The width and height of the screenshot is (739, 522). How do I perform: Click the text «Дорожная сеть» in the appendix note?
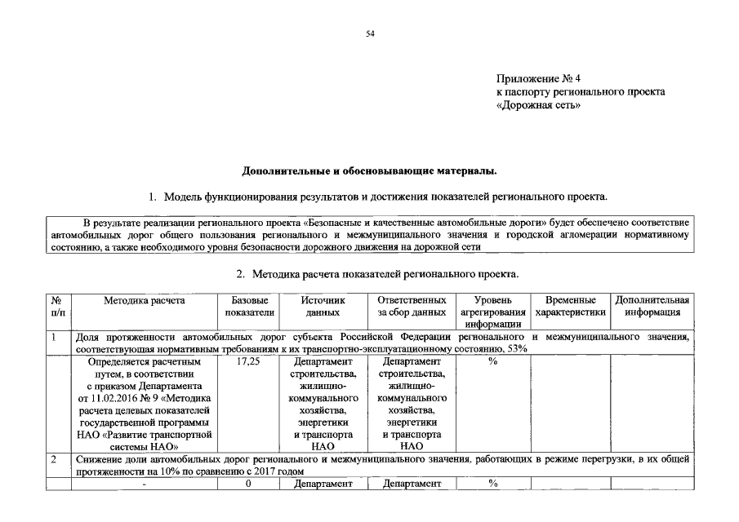point(539,105)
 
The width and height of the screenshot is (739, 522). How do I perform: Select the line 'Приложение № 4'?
point(538,79)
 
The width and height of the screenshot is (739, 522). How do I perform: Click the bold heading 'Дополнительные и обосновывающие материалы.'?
point(369,170)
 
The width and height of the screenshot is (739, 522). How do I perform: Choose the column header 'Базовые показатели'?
point(247,306)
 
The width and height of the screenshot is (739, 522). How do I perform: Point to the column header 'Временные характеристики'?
point(571,306)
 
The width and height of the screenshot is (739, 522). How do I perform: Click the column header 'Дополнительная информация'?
point(652,306)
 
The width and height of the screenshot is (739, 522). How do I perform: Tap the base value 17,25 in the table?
point(247,361)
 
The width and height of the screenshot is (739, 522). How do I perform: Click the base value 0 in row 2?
point(247,484)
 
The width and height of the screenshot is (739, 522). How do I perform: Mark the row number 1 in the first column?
point(54,336)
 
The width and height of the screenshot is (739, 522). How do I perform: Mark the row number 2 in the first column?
point(54,459)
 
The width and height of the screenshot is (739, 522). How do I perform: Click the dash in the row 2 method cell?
point(145,484)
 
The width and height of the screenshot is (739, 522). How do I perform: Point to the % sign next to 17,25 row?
point(492,361)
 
